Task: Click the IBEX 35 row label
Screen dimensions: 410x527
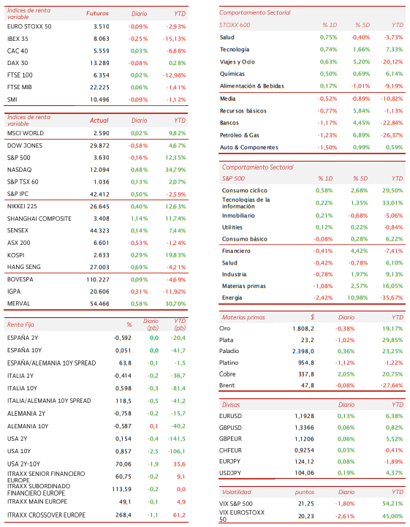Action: coord(18,39)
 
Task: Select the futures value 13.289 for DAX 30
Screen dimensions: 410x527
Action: coord(99,63)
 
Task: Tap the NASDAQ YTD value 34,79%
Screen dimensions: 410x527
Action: coord(175,170)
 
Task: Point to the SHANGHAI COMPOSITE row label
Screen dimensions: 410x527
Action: coord(39,219)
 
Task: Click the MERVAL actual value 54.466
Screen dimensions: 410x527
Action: coord(99,303)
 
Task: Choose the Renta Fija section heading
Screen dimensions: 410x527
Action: coord(20,325)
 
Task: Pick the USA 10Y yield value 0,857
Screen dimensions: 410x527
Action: coord(124,452)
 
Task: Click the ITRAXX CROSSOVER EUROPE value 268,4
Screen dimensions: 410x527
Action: coord(124,515)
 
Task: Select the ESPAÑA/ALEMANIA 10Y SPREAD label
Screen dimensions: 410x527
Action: coord(51,363)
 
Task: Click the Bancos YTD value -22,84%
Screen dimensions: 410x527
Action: coord(392,123)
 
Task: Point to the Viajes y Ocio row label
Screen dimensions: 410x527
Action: coord(238,62)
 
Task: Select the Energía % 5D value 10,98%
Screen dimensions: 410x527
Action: coord(357,297)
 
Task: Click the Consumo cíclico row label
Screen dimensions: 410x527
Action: coord(244,191)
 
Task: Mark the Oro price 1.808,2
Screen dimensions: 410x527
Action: coord(303,329)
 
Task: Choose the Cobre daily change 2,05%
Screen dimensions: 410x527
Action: coord(346,374)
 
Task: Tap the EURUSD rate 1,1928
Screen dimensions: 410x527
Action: coord(304,416)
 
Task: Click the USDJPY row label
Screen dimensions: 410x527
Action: coord(230,473)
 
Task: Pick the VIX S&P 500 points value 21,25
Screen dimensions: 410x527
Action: coord(305,504)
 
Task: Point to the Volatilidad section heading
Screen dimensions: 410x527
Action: coord(237,492)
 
